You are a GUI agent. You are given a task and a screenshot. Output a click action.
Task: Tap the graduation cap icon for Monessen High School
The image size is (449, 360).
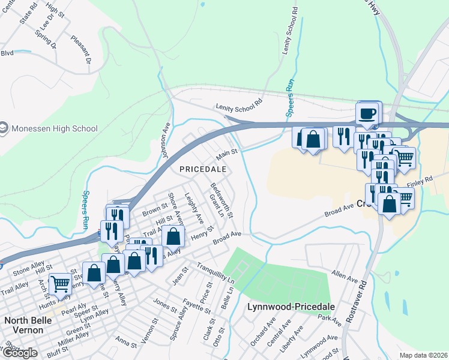(4, 128)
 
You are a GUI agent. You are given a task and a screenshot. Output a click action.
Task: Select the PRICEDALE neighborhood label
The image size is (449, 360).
(203, 169)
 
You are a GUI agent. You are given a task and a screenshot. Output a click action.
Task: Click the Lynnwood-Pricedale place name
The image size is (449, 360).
(291, 307)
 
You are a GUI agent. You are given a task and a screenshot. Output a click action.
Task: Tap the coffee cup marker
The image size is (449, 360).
(368, 113)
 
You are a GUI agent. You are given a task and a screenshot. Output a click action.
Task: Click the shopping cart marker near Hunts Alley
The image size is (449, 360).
(60, 283)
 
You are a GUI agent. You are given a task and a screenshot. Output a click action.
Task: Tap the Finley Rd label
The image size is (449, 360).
(420, 179)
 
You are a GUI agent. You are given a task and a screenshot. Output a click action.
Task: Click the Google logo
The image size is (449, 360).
(20, 353)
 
